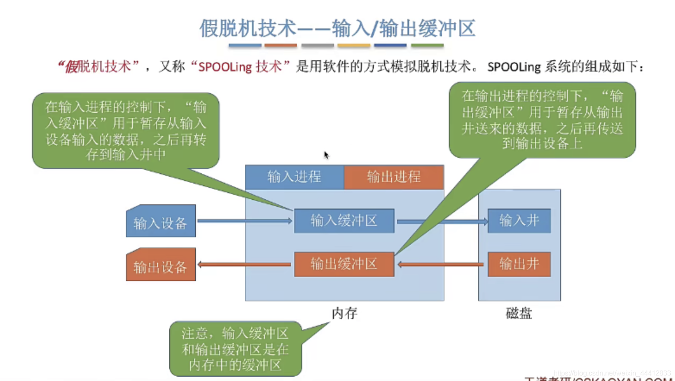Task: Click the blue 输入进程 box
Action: pyautogui.click(x=294, y=177)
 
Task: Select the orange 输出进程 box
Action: pyautogui.click(x=394, y=177)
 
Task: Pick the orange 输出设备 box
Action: pyautogui.click(x=161, y=265)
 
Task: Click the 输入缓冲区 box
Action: pyautogui.click(x=344, y=221)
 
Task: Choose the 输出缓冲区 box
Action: pyautogui.click(x=344, y=264)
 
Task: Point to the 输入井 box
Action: pyautogui.click(x=519, y=221)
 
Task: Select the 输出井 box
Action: pyautogui.click(x=519, y=264)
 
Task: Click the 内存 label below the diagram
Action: pyautogui.click(x=344, y=313)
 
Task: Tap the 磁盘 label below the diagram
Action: pyautogui.click(x=518, y=313)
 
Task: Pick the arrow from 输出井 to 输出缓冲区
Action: pyautogui.click(x=440, y=264)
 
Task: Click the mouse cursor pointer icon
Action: pyautogui.click(x=326, y=155)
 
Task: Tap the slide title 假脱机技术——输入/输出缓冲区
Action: pyautogui.click(x=337, y=28)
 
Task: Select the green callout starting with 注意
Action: pyautogui.click(x=235, y=349)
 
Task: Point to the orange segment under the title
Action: pyautogui.click(x=281, y=45)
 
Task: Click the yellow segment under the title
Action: pyautogui.click(x=353, y=45)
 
